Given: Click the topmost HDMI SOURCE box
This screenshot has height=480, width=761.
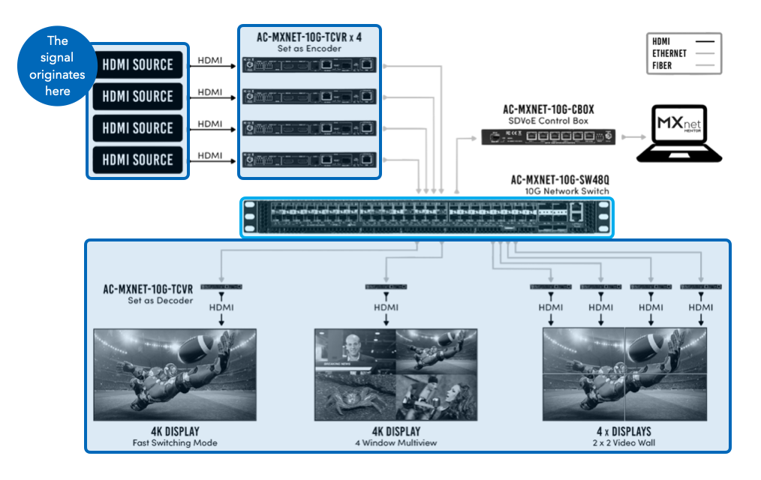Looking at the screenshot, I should (137, 64).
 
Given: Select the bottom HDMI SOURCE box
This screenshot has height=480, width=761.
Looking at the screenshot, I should (137, 159).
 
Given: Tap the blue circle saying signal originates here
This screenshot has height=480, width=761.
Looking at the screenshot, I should (57, 66).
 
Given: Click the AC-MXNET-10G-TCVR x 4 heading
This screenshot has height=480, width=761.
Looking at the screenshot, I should (309, 36).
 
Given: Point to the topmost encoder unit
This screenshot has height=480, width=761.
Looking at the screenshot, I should (309, 65).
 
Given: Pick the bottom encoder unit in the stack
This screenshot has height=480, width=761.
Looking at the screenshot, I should (309, 159).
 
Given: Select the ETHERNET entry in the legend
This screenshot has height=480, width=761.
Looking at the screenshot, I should (669, 54).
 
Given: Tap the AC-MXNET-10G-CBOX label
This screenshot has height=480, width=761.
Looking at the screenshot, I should (548, 109).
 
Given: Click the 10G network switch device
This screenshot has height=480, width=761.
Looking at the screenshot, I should (426, 217).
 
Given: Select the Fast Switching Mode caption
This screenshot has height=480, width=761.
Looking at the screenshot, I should (174, 442).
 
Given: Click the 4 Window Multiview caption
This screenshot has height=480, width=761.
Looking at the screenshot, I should (396, 442).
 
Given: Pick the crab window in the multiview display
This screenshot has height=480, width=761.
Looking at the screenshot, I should (354, 397).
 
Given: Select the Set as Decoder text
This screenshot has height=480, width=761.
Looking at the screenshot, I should (161, 301).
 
